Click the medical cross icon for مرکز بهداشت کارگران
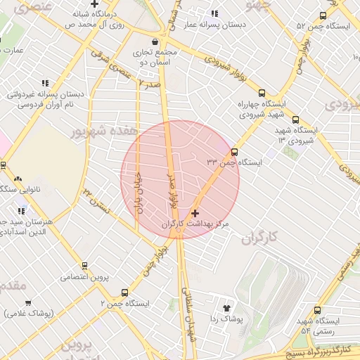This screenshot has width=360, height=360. tap(195, 212)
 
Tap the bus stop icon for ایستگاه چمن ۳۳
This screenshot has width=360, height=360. tap(234, 151)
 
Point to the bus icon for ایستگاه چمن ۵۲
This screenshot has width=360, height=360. tap(323, 15)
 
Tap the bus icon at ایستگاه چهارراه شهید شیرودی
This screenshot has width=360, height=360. tap(262, 93)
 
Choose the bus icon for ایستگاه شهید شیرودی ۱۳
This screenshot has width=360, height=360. tap(295, 120)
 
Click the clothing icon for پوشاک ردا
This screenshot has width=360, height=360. tap(226, 308)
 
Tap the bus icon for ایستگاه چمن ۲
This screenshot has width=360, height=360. tap(125, 292)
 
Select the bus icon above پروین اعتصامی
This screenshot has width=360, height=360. tap(85, 266)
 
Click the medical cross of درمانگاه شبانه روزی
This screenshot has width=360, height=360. tap(94, 4)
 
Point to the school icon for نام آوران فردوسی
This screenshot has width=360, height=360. tap(46, 83)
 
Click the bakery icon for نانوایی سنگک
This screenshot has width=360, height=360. tap(18, 179)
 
